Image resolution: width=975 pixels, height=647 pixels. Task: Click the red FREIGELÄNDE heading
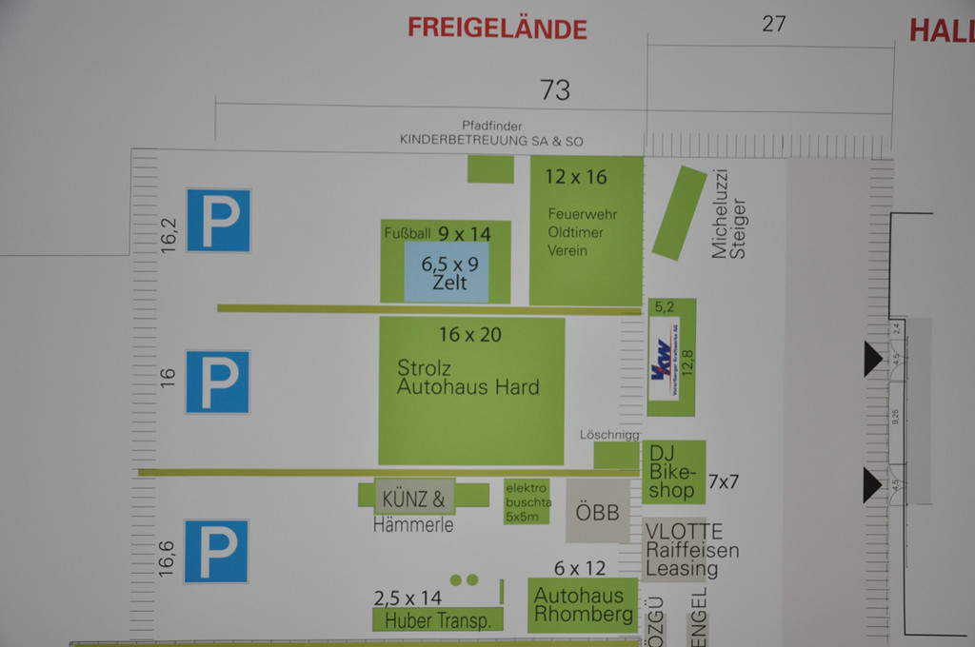497,28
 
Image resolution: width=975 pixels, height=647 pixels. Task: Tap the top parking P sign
218,221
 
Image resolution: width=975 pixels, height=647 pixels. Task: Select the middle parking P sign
218,382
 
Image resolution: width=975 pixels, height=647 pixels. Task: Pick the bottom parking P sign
216,551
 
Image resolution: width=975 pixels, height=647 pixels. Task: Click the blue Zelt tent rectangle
447,272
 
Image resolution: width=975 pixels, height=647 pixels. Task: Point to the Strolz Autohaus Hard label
468,378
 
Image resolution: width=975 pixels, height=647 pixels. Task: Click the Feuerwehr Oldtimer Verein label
576,231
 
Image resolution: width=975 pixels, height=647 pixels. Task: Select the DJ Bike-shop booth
674,471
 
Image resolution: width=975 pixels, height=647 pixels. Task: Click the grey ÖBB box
598,512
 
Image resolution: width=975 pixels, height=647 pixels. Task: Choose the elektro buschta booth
527,501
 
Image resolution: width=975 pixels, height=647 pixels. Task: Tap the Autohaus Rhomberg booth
583,605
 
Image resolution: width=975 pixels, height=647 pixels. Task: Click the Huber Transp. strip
437,620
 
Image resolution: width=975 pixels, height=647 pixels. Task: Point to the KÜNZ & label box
413,498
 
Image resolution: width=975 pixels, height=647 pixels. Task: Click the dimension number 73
554,90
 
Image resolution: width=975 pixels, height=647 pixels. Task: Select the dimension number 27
773,24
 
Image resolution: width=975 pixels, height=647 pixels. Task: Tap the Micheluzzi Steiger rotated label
729,215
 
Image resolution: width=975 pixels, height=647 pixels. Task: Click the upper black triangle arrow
872,359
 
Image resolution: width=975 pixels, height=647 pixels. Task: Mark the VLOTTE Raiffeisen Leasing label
691,550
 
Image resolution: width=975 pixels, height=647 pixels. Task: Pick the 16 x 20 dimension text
469,334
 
